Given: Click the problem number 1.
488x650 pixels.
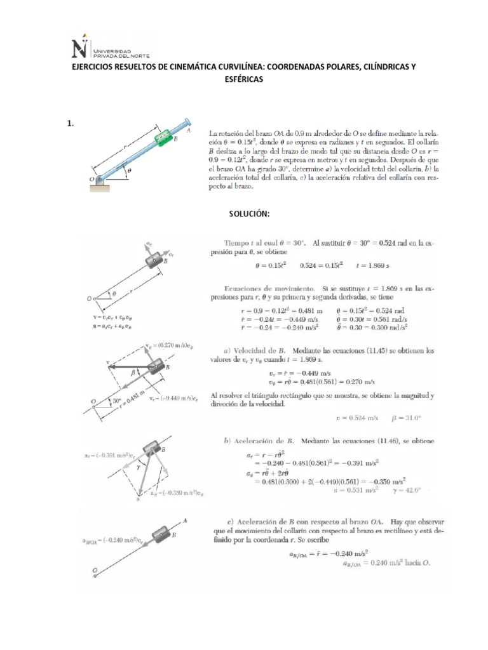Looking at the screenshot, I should point(71,124).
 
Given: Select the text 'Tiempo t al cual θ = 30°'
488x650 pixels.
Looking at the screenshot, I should point(264,242).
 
